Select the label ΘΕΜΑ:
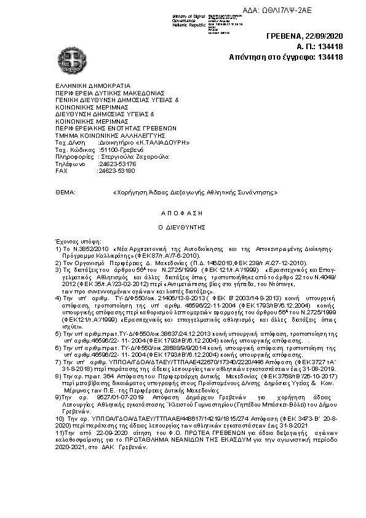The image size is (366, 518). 65,193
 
